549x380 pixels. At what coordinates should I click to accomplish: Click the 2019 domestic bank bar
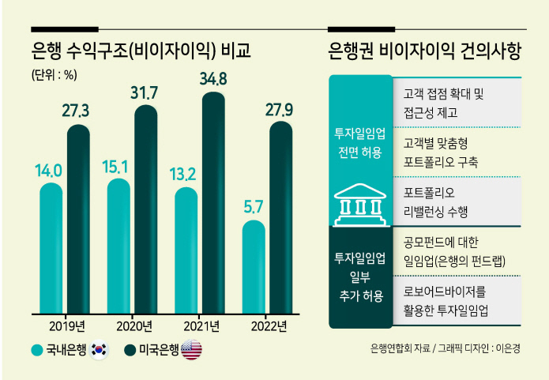pos(51,248)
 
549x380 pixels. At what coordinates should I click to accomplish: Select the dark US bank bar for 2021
pos(213,203)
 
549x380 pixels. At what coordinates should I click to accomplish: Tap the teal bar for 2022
pos(254,267)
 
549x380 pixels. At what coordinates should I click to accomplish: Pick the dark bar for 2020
pos(146,209)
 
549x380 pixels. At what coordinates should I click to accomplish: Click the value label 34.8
pos(213,79)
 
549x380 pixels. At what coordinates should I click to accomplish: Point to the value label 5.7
pos(253,207)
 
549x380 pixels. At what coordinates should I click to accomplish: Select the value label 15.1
pos(115,167)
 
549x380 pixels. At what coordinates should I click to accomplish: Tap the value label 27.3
pos(76,111)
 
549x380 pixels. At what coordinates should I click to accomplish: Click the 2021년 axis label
pos(201,326)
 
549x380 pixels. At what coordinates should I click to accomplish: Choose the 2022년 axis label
pos(269,326)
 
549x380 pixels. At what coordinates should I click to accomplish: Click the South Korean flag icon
pos(99,349)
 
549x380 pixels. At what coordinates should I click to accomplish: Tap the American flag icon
pos(191,349)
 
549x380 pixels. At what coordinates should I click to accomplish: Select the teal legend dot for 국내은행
pos(37,350)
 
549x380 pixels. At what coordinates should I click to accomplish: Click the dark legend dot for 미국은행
pos(130,350)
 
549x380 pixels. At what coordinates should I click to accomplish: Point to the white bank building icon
pos(361,205)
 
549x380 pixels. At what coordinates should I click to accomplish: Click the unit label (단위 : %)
pos(55,74)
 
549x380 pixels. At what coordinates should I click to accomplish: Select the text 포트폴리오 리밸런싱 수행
pos(435,202)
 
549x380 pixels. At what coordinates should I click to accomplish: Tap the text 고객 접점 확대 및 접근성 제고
pos(443,103)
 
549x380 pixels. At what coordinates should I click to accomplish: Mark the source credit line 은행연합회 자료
pos(400,348)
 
